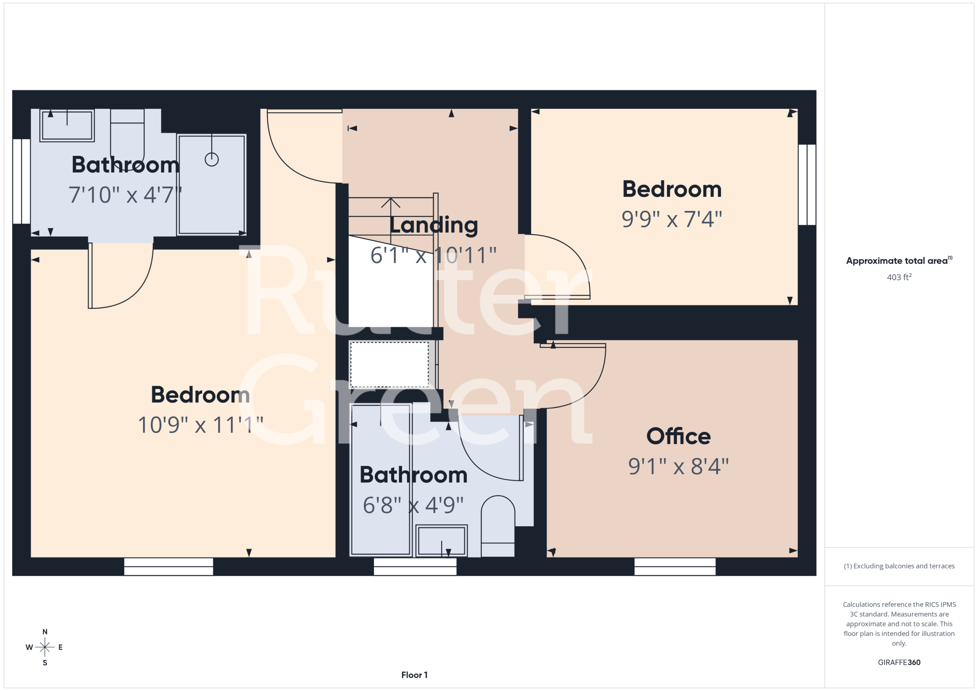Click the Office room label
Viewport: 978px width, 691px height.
(x=678, y=436)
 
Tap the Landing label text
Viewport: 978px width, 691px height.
(x=434, y=225)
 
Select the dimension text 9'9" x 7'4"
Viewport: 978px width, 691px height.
(x=672, y=219)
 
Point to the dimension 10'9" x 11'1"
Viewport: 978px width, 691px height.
(x=201, y=425)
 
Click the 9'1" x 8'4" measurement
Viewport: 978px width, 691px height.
(x=678, y=466)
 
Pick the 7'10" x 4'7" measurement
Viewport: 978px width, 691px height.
(x=125, y=195)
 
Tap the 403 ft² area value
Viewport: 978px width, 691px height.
(x=899, y=277)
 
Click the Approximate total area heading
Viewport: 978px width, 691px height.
(x=899, y=260)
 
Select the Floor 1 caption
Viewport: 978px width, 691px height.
(x=414, y=675)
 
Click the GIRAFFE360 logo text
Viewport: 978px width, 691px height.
(x=899, y=662)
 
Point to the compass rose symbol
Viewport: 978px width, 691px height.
(x=45, y=647)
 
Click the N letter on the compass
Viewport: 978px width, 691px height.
(x=45, y=632)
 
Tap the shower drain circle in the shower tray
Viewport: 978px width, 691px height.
(x=212, y=159)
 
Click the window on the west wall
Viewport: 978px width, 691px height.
(x=21, y=181)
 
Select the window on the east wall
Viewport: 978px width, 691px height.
(x=807, y=185)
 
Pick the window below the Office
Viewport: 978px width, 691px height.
(x=675, y=566)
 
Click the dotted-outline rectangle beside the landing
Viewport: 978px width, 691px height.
(x=389, y=365)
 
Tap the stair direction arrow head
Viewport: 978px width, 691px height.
(x=390, y=203)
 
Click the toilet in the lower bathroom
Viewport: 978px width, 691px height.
(x=497, y=526)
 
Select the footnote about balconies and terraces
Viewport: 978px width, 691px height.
(x=899, y=566)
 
